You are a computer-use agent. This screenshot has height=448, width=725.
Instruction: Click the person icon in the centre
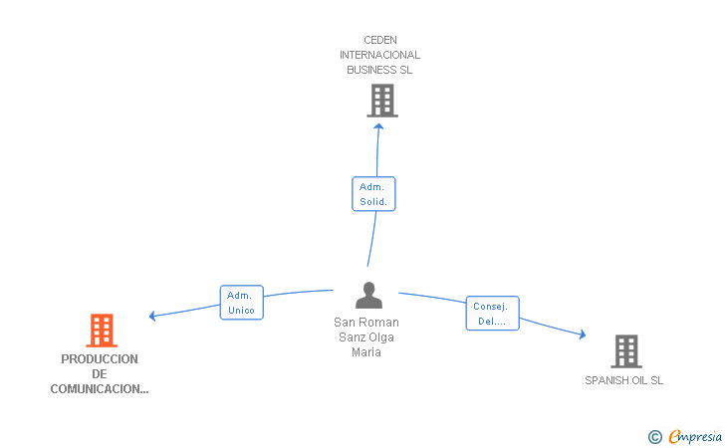[x=368, y=295]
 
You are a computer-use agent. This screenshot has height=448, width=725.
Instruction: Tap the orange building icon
[x=102, y=331]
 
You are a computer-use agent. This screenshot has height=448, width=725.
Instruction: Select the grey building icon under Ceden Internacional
[x=382, y=101]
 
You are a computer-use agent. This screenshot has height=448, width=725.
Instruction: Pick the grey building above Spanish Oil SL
[x=626, y=351]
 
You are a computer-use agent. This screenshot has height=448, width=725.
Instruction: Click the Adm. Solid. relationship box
[x=373, y=194]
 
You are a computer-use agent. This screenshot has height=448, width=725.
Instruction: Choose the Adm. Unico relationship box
[x=241, y=303]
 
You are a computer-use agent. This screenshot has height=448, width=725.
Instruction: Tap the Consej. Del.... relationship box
[x=492, y=313]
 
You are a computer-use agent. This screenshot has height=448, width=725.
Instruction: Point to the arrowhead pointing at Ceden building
[x=378, y=126]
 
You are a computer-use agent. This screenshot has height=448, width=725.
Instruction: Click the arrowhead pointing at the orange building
[x=152, y=316]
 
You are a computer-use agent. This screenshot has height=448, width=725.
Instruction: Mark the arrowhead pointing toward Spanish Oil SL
[x=583, y=334]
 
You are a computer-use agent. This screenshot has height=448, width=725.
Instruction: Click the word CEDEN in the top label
[x=380, y=40]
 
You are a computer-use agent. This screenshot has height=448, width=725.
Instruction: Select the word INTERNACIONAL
[x=380, y=55]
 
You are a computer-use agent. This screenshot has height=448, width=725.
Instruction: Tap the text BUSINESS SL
[x=379, y=70]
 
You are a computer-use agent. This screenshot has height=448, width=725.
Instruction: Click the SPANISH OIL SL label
[x=623, y=380]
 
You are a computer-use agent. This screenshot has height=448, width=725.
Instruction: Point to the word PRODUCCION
[x=100, y=359]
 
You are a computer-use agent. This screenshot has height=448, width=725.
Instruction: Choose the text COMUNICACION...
[x=100, y=389]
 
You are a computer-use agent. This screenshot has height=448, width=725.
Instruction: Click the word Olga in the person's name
[x=381, y=337]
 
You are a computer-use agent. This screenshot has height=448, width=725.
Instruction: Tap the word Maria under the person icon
[x=366, y=352]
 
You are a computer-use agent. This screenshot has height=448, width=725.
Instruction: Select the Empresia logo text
[x=695, y=436]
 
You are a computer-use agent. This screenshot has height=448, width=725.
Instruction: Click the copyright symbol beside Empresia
[x=655, y=437]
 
